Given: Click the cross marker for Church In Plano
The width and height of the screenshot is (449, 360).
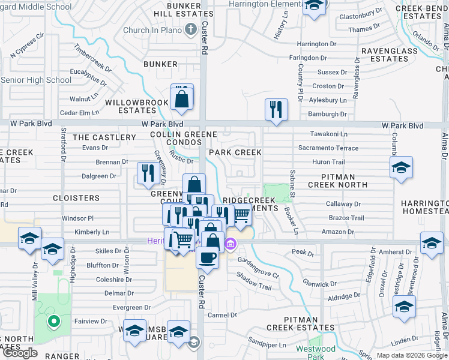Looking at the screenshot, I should (190, 29).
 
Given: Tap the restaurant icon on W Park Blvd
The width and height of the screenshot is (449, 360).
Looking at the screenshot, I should (276, 110).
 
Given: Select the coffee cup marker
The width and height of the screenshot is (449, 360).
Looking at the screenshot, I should (207, 257).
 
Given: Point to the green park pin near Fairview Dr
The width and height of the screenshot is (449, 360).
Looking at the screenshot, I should (53, 323).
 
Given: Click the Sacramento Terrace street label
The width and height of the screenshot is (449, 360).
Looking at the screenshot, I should (328, 148).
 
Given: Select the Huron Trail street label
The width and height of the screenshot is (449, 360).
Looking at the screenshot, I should (328, 162).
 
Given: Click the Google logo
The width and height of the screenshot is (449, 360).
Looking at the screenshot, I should (20, 353).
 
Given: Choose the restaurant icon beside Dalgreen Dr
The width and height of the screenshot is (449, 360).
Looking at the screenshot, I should (147, 173).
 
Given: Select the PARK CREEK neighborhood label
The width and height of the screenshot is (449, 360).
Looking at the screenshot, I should (235, 152).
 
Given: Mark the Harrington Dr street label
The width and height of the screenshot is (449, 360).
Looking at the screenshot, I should (321, 44).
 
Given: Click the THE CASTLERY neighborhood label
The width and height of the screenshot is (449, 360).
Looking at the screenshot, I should (104, 137).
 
